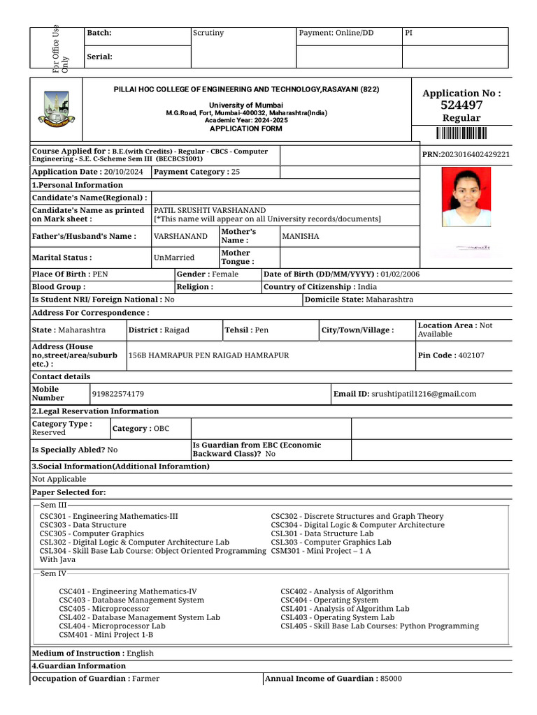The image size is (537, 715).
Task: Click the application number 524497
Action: [461, 105]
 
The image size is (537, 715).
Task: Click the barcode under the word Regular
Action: [461, 134]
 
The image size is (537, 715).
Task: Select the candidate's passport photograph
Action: [465, 198]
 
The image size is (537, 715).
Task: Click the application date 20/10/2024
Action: [122, 172]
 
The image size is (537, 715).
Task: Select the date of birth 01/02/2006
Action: [401, 274]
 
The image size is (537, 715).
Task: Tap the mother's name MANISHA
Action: [300, 237]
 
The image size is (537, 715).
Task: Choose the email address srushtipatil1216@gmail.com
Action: [424, 395]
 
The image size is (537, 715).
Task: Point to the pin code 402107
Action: [471, 355]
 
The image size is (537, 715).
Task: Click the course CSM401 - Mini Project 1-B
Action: [106, 635]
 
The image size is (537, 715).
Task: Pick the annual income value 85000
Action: [391, 679]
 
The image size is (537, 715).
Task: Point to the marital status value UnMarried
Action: [174, 258]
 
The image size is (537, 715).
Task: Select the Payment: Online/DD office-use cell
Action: [336, 33]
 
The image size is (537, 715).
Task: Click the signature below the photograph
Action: [474, 247]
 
